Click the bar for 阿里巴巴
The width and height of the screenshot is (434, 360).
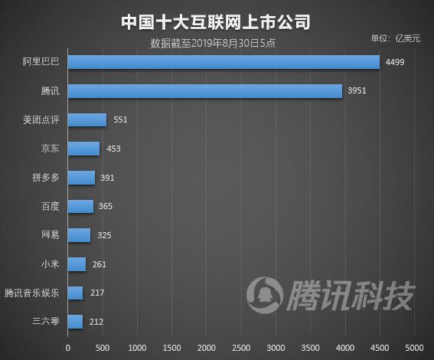[224, 62]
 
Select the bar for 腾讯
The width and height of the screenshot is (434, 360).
[205, 91]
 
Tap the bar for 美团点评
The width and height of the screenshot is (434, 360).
[87, 119]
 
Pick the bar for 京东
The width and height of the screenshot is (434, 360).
[83, 149]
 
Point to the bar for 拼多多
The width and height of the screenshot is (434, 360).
[81, 178]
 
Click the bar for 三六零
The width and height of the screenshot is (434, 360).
[75, 322]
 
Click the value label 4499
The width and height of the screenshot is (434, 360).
[395, 62]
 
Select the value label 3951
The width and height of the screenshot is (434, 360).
[357, 91]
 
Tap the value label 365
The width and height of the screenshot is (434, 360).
[106, 206]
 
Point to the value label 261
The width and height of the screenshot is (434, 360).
[99, 264]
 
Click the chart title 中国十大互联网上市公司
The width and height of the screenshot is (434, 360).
[216, 21]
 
